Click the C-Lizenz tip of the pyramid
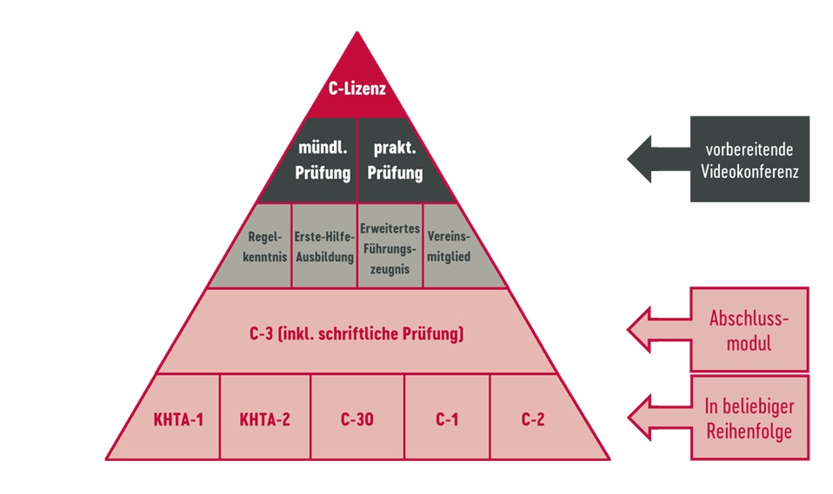[x=357, y=89]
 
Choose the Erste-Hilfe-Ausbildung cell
[x=323, y=247]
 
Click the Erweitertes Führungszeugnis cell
[x=390, y=247]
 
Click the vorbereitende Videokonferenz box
[x=750, y=159]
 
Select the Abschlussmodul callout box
[x=749, y=329]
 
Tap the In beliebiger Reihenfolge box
[x=749, y=418]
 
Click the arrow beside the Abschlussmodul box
[x=656, y=329]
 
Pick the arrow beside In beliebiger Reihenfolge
[x=656, y=418]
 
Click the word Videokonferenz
[x=749, y=170]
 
